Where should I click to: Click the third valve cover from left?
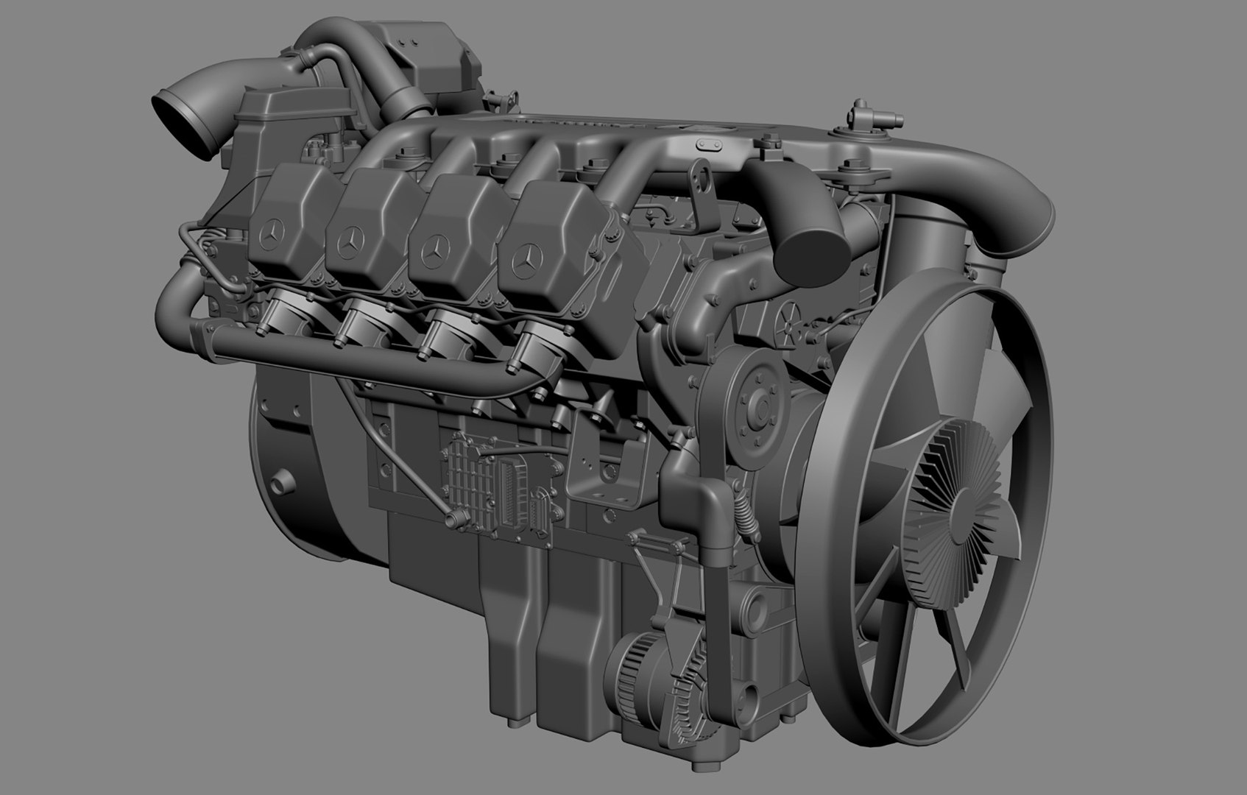[449, 232]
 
